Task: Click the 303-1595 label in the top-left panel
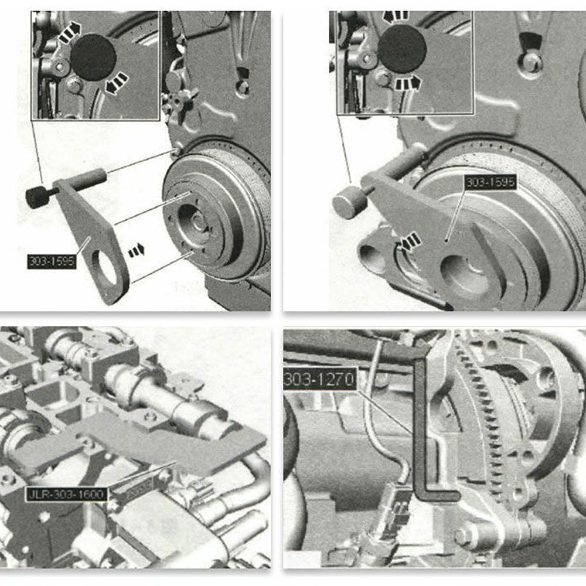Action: click(x=52, y=261)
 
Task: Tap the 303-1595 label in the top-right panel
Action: click(x=490, y=182)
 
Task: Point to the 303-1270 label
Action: click(x=320, y=380)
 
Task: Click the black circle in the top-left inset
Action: click(x=93, y=57)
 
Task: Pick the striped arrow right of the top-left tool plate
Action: click(x=136, y=250)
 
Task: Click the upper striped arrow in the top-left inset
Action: click(x=70, y=32)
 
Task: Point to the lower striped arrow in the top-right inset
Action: click(x=408, y=83)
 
